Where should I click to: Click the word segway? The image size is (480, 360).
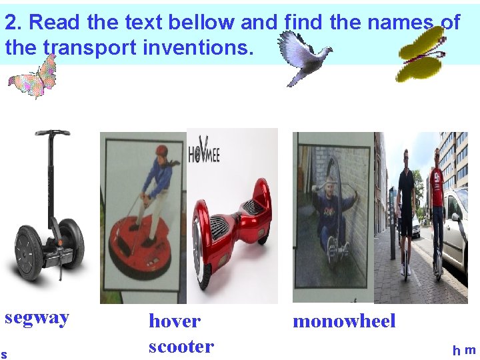click(x=37, y=317)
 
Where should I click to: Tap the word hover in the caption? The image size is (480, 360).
click(x=174, y=321)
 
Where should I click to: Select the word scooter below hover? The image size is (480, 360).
click(x=181, y=347)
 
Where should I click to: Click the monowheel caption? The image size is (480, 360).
click(x=344, y=321)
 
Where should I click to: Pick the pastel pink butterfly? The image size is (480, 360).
click(x=34, y=77)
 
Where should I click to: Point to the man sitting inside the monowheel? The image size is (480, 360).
click(x=331, y=213)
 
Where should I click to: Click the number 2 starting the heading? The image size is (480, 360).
click(x=11, y=23)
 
